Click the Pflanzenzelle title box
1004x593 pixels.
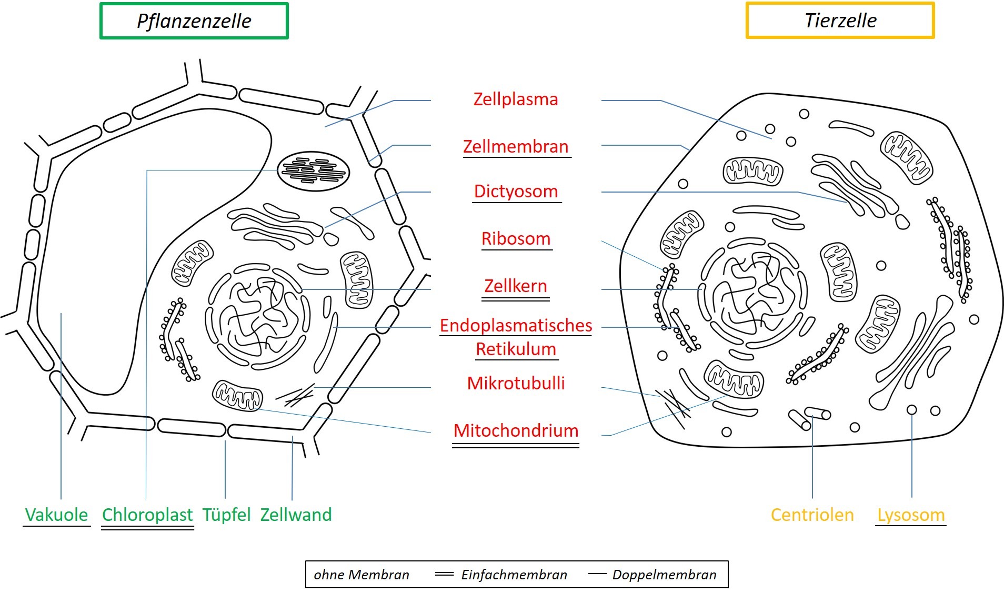click(x=194, y=21)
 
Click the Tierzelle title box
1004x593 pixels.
click(x=840, y=21)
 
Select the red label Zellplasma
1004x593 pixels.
click(x=515, y=99)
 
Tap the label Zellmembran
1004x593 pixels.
click(x=515, y=146)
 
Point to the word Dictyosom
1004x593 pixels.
click(x=515, y=191)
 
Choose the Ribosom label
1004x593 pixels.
click(x=515, y=238)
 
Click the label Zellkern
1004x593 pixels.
click(x=515, y=286)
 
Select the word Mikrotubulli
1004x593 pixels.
click(x=515, y=383)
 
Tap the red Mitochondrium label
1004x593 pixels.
click(x=515, y=430)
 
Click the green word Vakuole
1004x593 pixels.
click(x=56, y=515)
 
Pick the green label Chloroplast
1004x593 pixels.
click(x=147, y=515)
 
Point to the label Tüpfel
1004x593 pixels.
click(x=226, y=515)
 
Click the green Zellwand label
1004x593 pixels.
click(x=296, y=515)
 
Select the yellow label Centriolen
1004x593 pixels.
click(x=812, y=515)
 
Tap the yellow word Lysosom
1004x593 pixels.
click(x=911, y=515)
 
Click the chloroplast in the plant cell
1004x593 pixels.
click(x=313, y=170)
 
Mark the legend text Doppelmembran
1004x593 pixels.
click(x=664, y=575)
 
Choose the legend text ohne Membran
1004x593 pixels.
click(x=361, y=575)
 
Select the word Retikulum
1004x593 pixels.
click(x=515, y=349)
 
